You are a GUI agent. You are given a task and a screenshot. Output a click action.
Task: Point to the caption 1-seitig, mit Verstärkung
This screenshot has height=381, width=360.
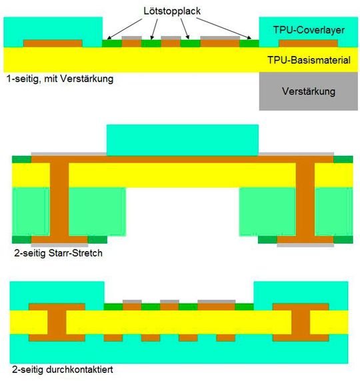point(59,79)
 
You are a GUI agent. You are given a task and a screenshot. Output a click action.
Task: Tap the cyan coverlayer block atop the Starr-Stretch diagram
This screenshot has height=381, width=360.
point(182,139)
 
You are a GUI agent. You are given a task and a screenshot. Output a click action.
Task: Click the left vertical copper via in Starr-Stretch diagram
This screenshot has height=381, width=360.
point(59,200)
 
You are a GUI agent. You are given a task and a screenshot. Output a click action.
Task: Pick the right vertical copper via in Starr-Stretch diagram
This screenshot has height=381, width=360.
point(305,200)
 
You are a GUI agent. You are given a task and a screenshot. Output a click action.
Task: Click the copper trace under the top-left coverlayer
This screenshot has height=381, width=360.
point(53,43)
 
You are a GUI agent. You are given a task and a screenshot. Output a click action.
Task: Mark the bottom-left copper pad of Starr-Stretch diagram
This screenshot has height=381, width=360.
point(59,239)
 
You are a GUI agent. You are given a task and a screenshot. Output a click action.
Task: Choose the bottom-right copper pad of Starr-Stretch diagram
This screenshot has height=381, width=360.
point(305,239)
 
